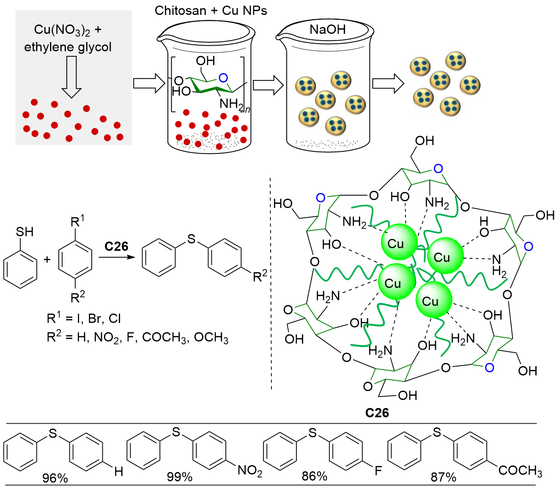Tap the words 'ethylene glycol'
point(68,47)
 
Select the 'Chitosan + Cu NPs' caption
point(211,11)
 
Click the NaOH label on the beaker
point(327,29)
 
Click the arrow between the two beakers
point(268,85)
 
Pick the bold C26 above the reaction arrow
point(116,246)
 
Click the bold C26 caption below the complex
point(377,413)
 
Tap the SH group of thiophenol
point(25,232)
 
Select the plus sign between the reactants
point(47,259)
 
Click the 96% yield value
point(55,478)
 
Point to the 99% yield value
point(179,477)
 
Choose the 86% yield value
point(314,476)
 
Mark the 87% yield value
point(443,477)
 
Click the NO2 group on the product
point(249,471)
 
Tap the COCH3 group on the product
point(520,471)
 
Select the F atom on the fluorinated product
point(378,470)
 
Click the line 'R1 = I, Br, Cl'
point(84,318)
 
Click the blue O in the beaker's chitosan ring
point(223,78)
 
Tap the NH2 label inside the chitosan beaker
point(232,104)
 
